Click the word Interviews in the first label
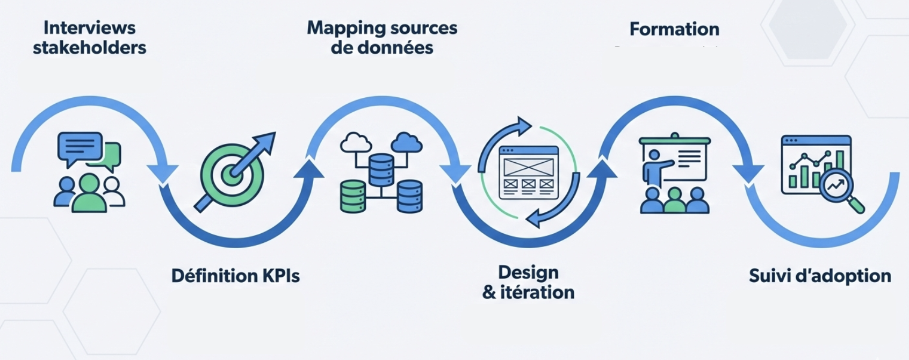pyautogui.click(x=89, y=27)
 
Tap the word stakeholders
pyautogui.click(x=89, y=48)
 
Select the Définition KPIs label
pyautogui.click(x=235, y=276)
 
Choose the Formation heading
pyautogui.click(x=674, y=29)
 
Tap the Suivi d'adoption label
pyautogui.click(x=820, y=276)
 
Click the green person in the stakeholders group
pyautogui.click(x=89, y=193)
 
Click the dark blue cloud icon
pyautogui.click(x=407, y=143)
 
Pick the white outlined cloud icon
pyautogui.click(x=356, y=143)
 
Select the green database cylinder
pyautogui.click(x=353, y=196)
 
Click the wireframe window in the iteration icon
pyautogui.click(x=529, y=172)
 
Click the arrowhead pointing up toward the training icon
pyautogui.click(x=603, y=169)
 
